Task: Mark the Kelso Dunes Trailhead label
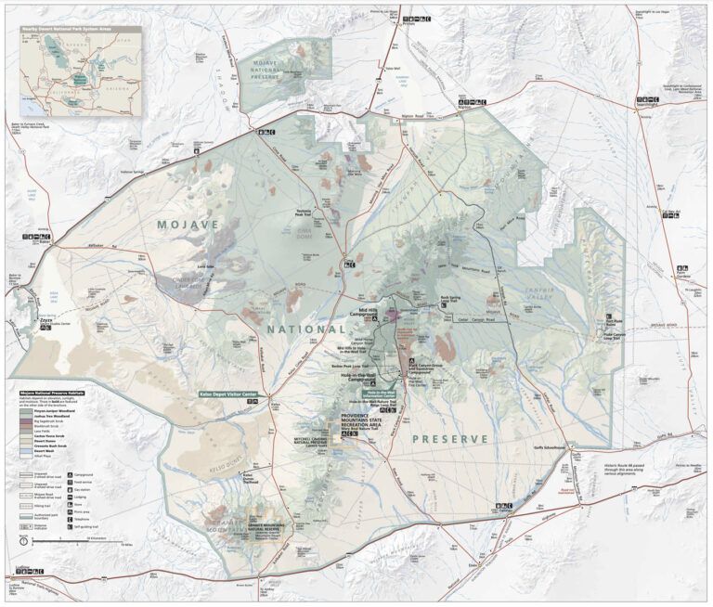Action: pyautogui.click(x=248, y=478)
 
